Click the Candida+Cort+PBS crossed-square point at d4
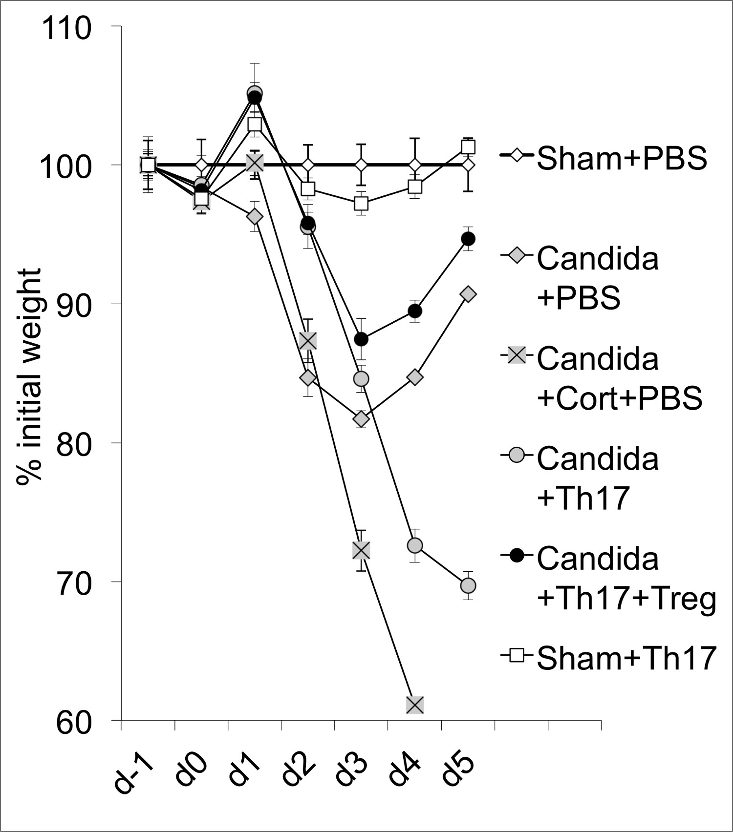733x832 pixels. (415, 705)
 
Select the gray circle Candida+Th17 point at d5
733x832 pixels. (468, 585)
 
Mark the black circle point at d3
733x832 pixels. (361, 339)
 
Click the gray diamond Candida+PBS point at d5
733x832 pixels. (468, 294)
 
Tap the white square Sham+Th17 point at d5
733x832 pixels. (468, 147)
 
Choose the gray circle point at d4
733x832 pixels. (415, 545)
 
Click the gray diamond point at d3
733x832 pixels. (361, 419)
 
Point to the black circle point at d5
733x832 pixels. (468, 239)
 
